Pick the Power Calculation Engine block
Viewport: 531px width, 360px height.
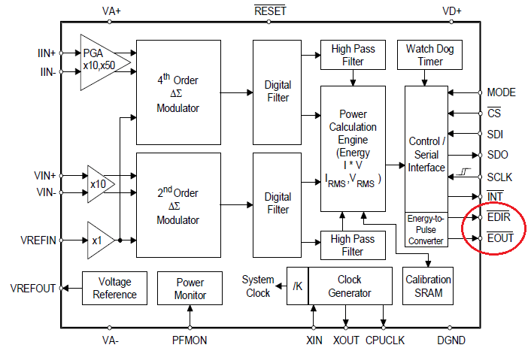click(353, 148)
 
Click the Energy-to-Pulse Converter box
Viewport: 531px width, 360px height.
click(426, 229)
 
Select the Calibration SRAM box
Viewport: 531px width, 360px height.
click(429, 286)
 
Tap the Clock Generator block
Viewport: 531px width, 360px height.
click(350, 286)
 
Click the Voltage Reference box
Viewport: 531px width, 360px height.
click(115, 287)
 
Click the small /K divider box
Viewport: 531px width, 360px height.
click(298, 286)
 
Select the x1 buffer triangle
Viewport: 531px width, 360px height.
click(99, 240)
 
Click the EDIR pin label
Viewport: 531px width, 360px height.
click(499, 218)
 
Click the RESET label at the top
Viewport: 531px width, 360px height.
click(270, 11)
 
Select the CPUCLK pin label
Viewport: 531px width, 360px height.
click(384, 340)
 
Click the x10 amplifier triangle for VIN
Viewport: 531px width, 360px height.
click(99, 183)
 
